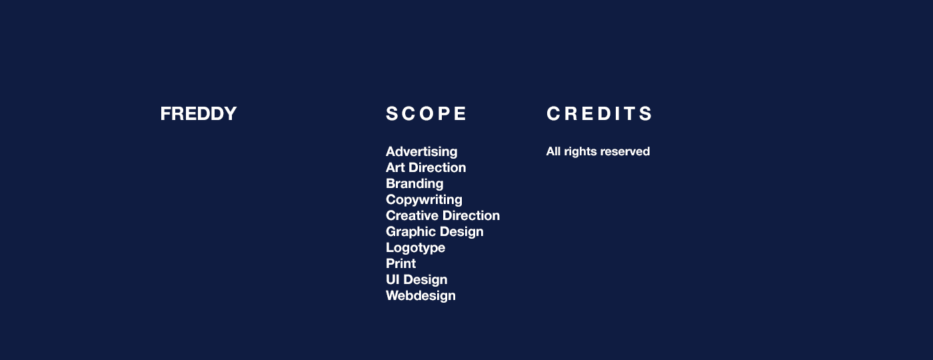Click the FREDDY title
199,114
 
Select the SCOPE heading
426,114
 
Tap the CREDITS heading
599,114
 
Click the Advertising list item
421,152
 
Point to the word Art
395,167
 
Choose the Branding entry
415,184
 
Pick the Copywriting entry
424,200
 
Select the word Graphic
411,232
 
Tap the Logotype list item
416,248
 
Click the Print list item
401,263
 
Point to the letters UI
393,279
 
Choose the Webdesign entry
421,296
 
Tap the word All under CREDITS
553,151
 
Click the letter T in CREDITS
630,114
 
